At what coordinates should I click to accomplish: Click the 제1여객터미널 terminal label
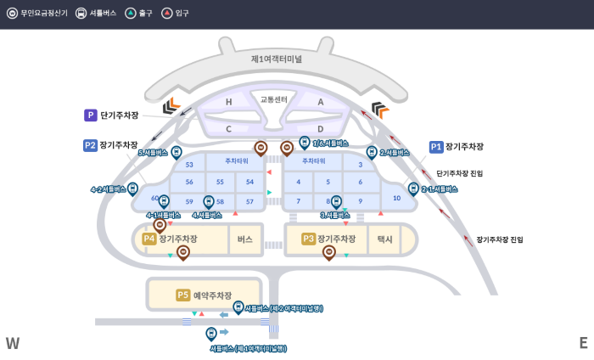276,59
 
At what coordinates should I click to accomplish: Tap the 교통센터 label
273,99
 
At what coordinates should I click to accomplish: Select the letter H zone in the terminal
228,102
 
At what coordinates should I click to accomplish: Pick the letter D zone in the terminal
320,129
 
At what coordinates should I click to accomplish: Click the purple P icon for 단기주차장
91,115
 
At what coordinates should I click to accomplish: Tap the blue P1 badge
436,147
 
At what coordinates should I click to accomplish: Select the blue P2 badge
90,145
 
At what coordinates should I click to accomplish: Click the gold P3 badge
308,239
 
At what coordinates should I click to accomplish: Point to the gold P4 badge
149,239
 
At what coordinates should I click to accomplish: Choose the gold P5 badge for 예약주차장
183,295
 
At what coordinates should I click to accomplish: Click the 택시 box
384,239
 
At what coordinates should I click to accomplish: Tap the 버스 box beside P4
245,239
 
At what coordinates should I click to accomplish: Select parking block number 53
189,165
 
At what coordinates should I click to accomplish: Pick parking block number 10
396,198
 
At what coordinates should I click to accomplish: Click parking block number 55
220,182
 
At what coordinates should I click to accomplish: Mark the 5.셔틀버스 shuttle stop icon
177,152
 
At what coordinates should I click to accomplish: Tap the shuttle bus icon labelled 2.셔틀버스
371,152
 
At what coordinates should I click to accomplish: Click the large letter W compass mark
13,343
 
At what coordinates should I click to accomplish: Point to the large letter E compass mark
583,343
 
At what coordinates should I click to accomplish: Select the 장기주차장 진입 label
499,240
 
